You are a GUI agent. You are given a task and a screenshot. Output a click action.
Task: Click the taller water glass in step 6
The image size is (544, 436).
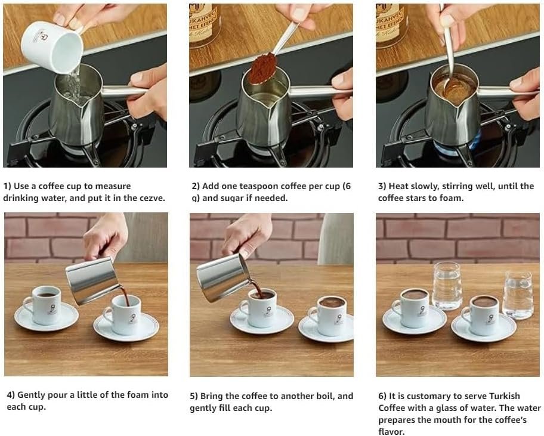pyautogui.click(x=447, y=286)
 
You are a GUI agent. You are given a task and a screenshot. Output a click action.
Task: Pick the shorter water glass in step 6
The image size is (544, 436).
pyautogui.click(x=518, y=295)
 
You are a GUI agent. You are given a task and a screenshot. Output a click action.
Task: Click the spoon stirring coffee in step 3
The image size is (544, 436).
pyautogui.click(x=449, y=52)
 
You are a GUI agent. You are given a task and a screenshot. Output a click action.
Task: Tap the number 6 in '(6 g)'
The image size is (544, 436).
pyautogui.click(x=348, y=186)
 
